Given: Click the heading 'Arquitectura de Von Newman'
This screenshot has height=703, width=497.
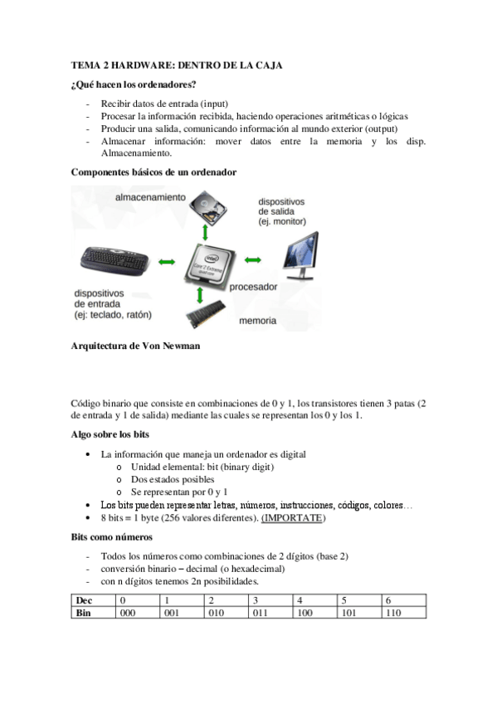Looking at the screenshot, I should [136, 347].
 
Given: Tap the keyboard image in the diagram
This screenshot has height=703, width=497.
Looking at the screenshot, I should [114, 261].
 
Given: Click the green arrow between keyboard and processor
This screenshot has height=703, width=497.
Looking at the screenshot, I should [166, 262].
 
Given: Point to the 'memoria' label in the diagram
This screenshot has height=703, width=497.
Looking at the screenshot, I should [257, 320].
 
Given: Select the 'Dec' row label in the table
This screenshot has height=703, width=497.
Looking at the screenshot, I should [84, 600].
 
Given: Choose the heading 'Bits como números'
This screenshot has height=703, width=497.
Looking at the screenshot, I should [112, 537].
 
